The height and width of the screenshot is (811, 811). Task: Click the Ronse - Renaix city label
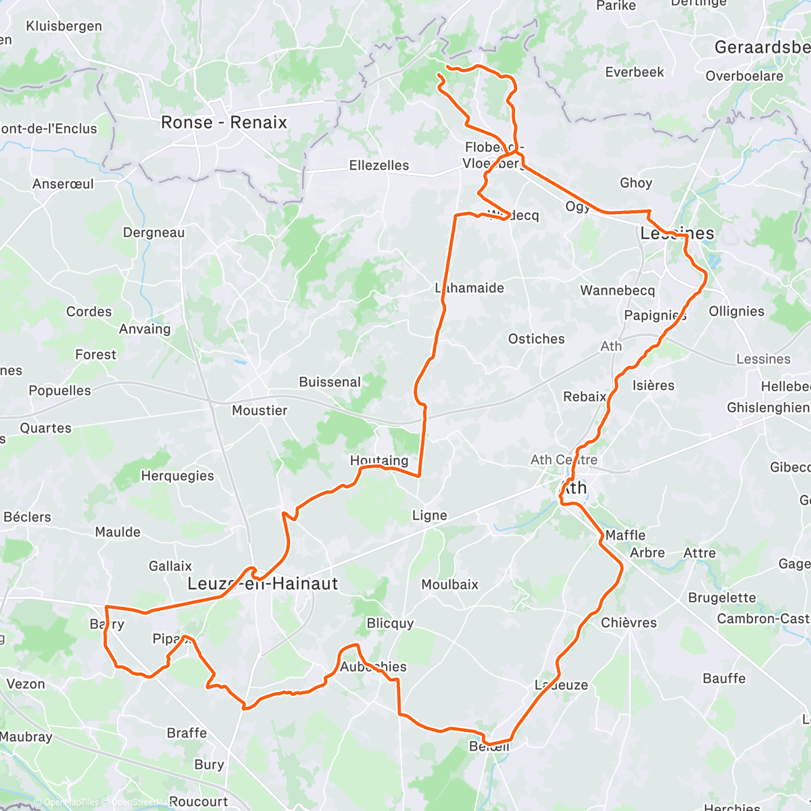pos(224,122)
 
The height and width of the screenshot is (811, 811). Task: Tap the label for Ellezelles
pos(378,165)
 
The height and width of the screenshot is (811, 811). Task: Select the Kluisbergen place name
pos(64,26)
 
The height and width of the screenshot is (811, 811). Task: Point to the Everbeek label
pos(635,72)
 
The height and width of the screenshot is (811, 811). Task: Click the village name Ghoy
pos(636,182)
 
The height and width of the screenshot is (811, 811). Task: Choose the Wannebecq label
pos(617,291)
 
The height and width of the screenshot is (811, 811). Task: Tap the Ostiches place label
pos(536,339)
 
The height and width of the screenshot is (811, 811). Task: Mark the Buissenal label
pos(330,382)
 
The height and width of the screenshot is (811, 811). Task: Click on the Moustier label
pos(260,410)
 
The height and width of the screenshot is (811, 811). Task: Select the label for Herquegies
pos(177,476)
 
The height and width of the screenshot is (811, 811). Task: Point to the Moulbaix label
pos(449,584)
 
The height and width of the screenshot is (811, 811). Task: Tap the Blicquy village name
pos(390,623)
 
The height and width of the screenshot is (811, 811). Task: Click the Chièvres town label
pos(629,622)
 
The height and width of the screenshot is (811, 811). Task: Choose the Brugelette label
pos(722,597)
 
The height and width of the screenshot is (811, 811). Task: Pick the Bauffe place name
pos(724,678)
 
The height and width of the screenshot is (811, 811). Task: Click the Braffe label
pos(187,733)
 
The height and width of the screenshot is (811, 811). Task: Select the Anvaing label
pos(145,329)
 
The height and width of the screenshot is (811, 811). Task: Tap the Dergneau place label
pos(153,232)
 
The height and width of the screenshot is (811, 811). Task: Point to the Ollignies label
pos(736,311)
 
